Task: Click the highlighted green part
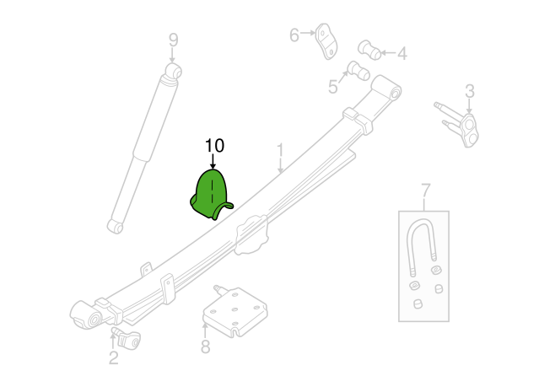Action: coord(211,195)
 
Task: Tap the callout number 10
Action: coord(214,146)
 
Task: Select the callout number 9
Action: coord(174,40)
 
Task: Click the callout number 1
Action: coord(281,151)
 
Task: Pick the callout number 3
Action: coord(470,91)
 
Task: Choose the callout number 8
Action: coord(205,346)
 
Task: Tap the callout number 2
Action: coord(114,357)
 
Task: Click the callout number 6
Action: coord(294,35)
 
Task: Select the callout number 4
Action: coord(402,54)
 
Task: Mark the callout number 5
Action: coord(332,87)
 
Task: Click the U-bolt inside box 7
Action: coord(421,247)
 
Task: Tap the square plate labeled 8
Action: coord(234,311)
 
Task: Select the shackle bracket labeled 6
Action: coord(326,41)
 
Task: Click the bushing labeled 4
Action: coord(369,51)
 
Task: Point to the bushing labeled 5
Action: coord(358,71)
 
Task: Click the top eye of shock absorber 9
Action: coord(174,72)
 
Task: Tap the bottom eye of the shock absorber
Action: coord(116,226)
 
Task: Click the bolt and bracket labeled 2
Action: coord(126,338)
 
